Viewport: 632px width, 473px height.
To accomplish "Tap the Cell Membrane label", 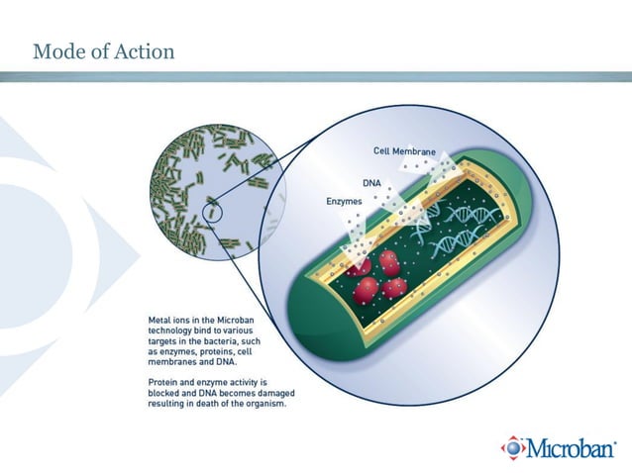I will (x=404, y=151).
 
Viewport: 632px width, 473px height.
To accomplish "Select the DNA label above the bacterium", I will (x=371, y=183).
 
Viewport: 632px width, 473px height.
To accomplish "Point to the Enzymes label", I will (x=344, y=201).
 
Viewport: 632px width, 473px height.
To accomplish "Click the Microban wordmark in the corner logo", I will (x=572, y=447).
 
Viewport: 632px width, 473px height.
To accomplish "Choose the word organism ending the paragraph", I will (x=263, y=403).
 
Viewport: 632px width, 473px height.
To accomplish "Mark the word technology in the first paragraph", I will (x=172, y=331).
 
